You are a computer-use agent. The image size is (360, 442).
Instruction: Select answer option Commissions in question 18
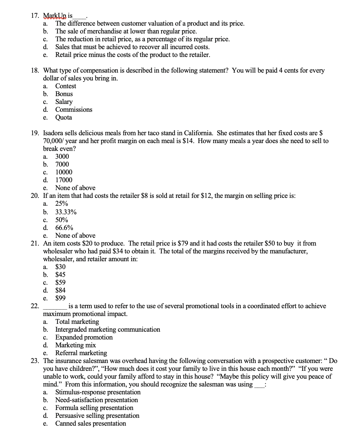click(x=74, y=110)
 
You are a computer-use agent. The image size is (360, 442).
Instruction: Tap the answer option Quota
click(x=63, y=117)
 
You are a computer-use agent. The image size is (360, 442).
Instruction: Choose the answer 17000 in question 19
click(x=64, y=180)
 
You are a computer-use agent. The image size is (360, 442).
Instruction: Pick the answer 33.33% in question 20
click(x=66, y=212)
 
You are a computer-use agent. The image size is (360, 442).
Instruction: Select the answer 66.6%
click(x=64, y=228)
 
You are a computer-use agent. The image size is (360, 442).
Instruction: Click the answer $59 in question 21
click(x=60, y=283)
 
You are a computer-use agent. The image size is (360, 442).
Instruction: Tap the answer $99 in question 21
click(x=60, y=298)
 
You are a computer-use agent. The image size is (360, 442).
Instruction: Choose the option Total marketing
click(x=77, y=322)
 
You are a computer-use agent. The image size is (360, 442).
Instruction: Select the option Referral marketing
click(x=81, y=353)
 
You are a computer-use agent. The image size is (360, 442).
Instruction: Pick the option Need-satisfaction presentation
click(x=96, y=400)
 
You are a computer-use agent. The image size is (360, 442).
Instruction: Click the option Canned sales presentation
click(x=90, y=423)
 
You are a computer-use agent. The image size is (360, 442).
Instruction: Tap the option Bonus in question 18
click(x=64, y=94)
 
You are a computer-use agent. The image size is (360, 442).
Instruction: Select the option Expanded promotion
click(x=84, y=337)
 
